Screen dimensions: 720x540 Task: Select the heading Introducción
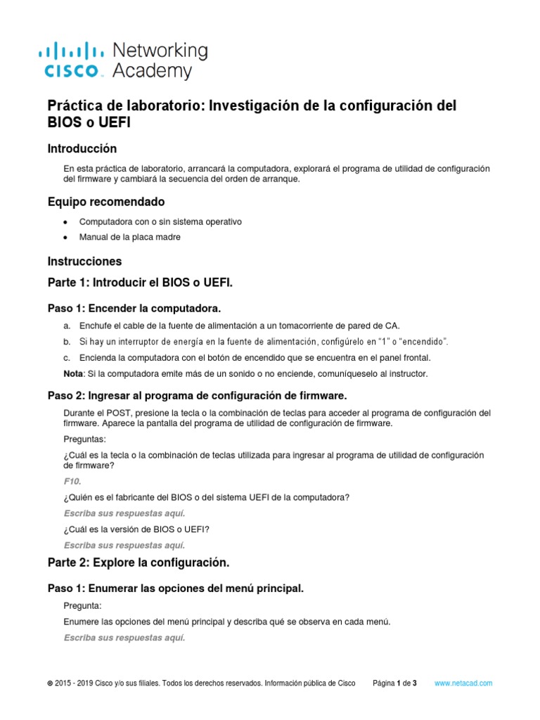click(x=82, y=148)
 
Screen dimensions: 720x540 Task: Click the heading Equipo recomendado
click(x=105, y=202)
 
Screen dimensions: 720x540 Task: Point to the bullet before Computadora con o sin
click(x=65, y=222)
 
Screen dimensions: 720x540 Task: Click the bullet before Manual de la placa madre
click(x=65, y=238)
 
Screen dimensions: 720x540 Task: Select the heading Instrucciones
click(x=84, y=261)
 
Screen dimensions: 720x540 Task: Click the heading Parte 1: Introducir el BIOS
click(x=139, y=283)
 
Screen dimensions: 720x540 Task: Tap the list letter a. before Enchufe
click(x=67, y=326)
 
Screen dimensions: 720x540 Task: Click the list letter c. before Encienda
click(x=67, y=357)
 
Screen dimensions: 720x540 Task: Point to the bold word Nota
click(x=72, y=373)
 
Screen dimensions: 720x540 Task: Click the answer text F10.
click(x=72, y=481)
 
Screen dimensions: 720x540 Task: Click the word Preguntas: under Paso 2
click(x=84, y=439)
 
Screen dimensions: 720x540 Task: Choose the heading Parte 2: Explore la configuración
click(x=139, y=562)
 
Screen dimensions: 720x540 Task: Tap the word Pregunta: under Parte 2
click(x=82, y=605)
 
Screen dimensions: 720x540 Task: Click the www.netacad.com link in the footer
click(x=463, y=683)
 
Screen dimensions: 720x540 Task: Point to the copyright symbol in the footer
click(x=50, y=683)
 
